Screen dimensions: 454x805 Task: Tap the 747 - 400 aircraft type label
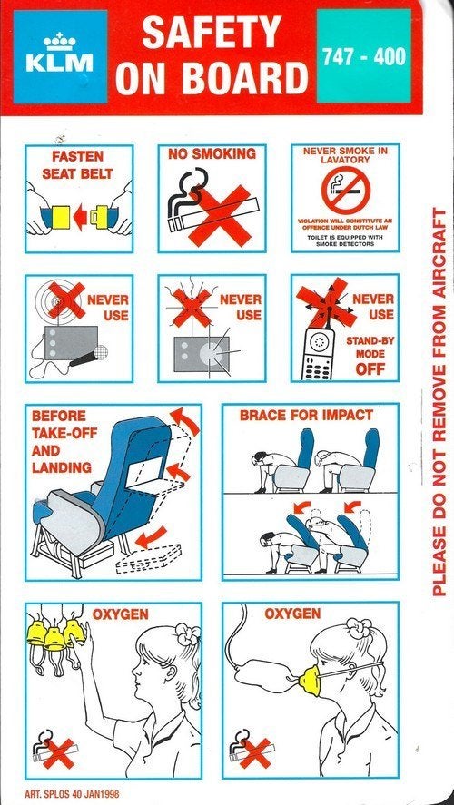click(363, 56)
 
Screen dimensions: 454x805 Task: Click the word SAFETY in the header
click(212, 32)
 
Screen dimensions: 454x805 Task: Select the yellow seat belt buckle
click(62, 217)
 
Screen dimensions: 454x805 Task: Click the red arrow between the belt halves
click(81, 217)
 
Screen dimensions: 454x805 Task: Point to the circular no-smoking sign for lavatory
click(345, 191)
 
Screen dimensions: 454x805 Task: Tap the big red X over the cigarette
click(220, 214)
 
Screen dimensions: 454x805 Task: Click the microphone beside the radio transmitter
click(88, 358)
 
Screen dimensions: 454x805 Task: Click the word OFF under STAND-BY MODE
click(370, 369)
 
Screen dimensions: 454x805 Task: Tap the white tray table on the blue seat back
click(145, 472)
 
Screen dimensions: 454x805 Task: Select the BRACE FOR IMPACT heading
click(306, 415)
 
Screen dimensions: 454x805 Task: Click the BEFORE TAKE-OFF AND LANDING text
click(64, 441)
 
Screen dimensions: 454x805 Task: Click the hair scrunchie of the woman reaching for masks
click(186, 634)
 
